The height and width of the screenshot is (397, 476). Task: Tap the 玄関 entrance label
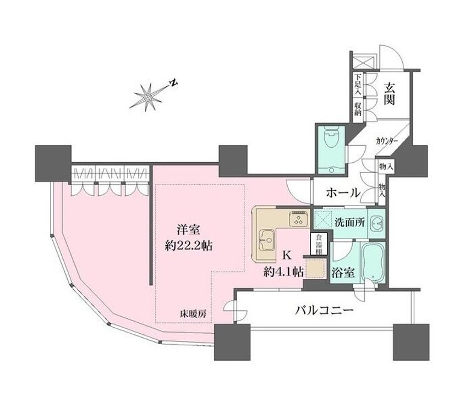390,94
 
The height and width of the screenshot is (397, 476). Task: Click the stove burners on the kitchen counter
299,220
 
